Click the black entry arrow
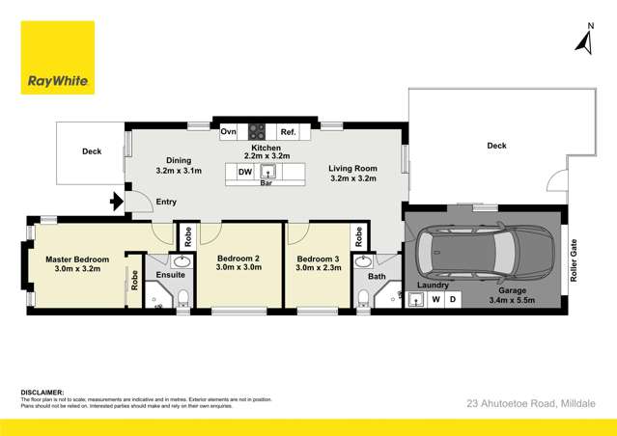coord(117,202)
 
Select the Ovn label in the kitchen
coord(228,132)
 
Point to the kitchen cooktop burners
coord(257,132)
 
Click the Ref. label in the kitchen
coord(288,132)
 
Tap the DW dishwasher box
coord(245,173)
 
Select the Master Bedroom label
coord(77,259)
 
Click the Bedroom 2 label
coord(238,259)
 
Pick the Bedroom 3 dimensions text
coord(318,269)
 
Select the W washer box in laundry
coord(435,300)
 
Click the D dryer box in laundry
coord(451,300)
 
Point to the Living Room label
coord(352,168)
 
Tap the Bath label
coord(376,277)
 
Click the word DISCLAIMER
coord(42,392)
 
